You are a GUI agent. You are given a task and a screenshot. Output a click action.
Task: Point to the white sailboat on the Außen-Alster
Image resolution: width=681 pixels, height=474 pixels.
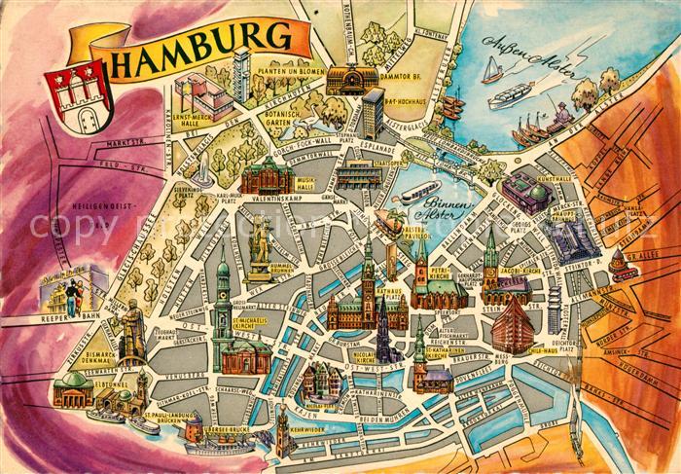pos(493,69)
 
